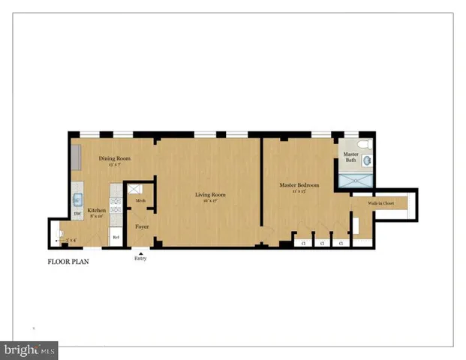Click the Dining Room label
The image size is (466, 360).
click(115, 158)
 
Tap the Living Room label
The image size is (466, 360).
click(210, 195)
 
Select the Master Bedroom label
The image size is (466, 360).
click(299, 185)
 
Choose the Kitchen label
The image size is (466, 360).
click(96, 211)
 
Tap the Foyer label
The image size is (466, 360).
click(142, 226)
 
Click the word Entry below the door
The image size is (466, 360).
click(140, 259)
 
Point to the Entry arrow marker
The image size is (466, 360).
click(140, 253)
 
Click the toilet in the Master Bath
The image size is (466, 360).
click(363, 144)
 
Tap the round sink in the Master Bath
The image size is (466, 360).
click(367, 160)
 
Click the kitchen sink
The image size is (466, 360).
click(77, 200)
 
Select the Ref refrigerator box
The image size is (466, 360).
click(116, 236)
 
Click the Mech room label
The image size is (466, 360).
click(140, 201)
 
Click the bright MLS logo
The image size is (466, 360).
click(30, 350)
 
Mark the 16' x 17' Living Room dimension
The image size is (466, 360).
click(210, 201)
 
